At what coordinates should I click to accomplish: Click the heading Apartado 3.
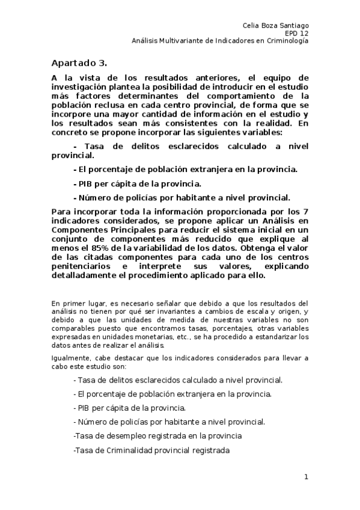(79, 63)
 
